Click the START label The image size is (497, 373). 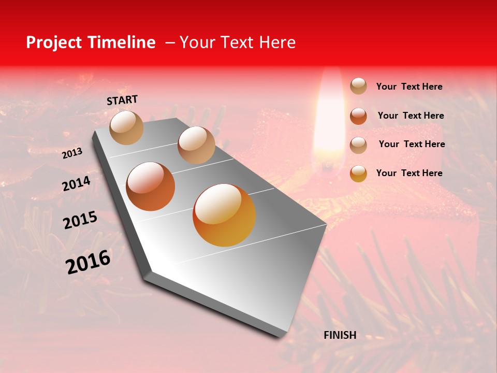122,100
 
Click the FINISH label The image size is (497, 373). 340,335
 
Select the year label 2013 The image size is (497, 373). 72,153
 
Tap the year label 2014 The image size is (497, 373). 76,184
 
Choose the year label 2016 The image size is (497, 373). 88,262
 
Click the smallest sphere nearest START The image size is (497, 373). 126,127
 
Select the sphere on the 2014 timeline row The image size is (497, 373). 196,145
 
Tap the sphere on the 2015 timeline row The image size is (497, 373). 151,187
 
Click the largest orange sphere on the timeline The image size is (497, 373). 224,215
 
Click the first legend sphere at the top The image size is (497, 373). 358,87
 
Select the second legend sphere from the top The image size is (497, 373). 358,116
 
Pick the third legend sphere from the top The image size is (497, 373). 358,145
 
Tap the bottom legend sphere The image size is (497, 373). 358,173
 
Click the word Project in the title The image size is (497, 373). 54,42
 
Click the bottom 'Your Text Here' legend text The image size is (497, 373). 409,173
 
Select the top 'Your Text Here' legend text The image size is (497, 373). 409,87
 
